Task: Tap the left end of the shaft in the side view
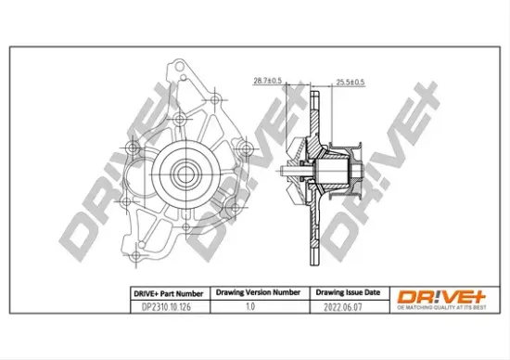[282, 172]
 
